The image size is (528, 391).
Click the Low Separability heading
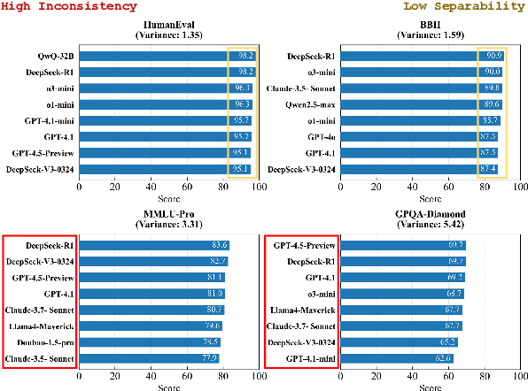pyautogui.click(x=465, y=7)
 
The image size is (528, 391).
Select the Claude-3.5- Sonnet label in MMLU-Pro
pyautogui.click(x=40, y=358)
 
